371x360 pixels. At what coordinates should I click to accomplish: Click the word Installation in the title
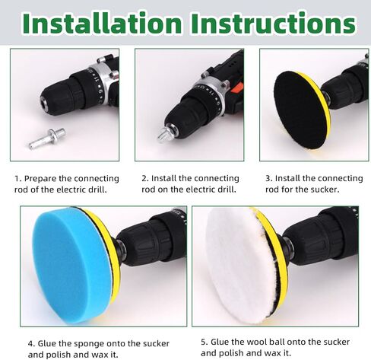tap(102, 23)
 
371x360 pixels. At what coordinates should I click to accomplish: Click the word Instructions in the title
tap(274, 23)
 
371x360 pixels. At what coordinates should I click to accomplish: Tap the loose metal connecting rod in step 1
tap(47, 139)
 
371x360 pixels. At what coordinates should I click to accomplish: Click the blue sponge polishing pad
tap(72, 265)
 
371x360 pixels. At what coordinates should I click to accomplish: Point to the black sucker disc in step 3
tap(299, 110)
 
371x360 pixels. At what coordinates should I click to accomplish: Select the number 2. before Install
tap(145, 179)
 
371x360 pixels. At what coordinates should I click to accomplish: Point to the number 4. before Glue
tap(31, 344)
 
